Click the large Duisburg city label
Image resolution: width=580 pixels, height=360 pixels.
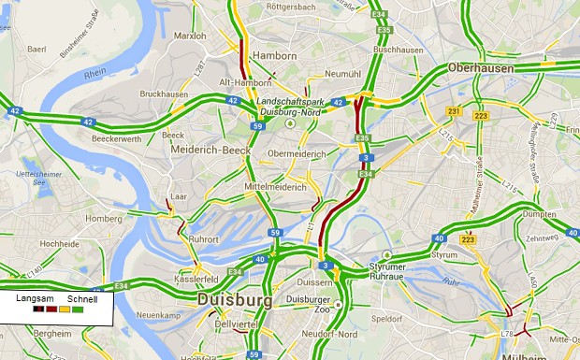[x=234, y=300]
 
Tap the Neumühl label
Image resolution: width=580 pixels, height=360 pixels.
[x=342, y=73]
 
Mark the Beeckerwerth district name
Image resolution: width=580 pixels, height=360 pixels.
[x=117, y=138]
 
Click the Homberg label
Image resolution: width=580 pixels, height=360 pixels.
[x=104, y=219]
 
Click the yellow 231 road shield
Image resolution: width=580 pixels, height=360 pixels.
[x=454, y=112]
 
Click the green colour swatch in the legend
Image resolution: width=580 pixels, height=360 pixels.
[x=78, y=309]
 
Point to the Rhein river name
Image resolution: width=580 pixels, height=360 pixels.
[x=95, y=74]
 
